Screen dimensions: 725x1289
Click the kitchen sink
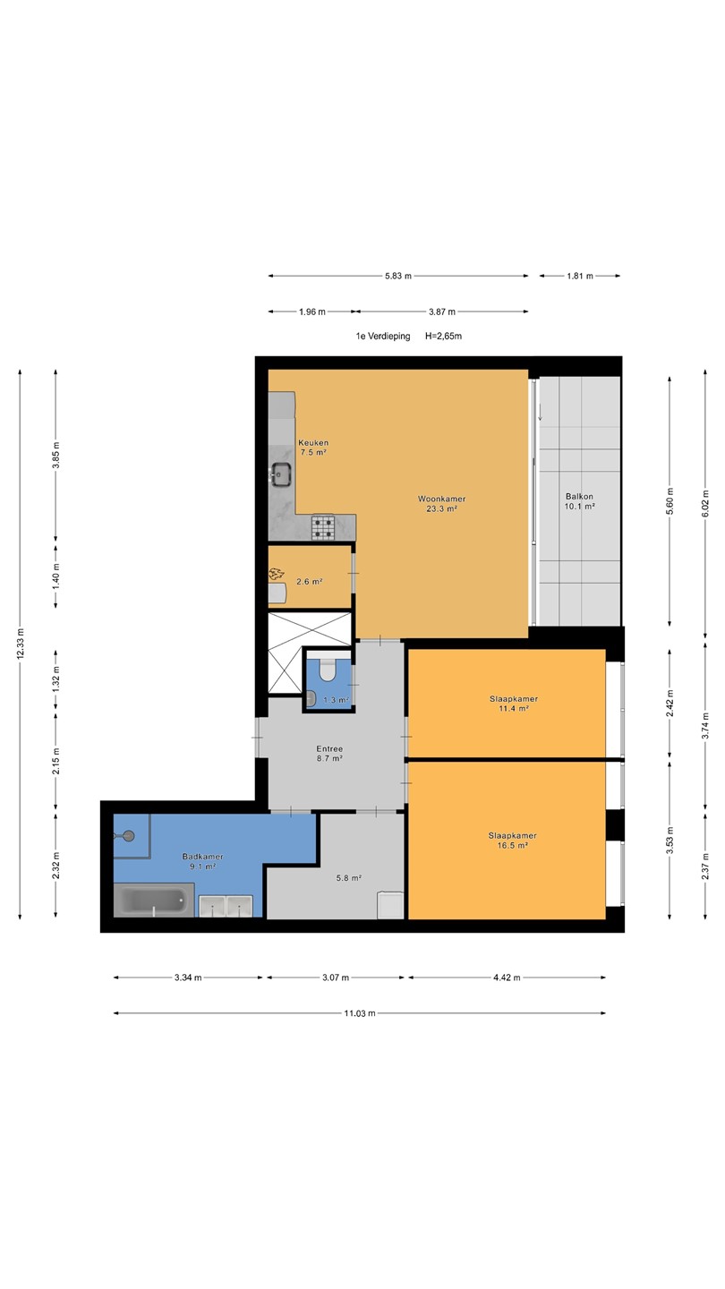pyautogui.click(x=282, y=474)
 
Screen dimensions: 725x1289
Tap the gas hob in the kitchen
pyautogui.click(x=323, y=528)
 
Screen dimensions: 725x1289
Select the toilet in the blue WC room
pyautogui.click(x=328, y=670)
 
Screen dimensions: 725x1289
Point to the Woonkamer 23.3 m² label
pyautogui.click(x=442, y=503)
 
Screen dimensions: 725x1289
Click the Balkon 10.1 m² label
pyautogui.click(x=579, y=501)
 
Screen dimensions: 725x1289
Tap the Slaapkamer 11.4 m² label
pyautogui.click(x=514, y=704)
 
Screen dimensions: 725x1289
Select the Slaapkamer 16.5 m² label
pyautogui.click(x=513, y=841)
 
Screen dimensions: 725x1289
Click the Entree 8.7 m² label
pyautogui.click(x=329, y=754)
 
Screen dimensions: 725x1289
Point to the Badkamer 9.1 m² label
pyautogui.click(x=202, y=861)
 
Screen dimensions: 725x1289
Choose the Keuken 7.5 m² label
pyautogui.click(x=313, y=448)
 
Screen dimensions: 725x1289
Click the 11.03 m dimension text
pyautogui.click(x=360, y=1013)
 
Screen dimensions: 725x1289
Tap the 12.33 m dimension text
pyautogui.click(x=20, y=644)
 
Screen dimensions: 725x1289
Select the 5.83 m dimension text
pyautogui.click(x=398, y=276)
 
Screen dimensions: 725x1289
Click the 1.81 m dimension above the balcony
pyautogui.click(x=580, y=276)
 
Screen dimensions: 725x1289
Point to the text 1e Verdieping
pyautogui.click(x=383, y=336)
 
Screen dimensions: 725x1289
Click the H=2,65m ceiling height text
pyautogui.click(x=443, y=336)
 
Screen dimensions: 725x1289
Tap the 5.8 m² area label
pyautogui.click(x=349, y=878)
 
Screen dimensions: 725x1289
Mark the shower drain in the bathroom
pyautogui.click(x=129, y=835)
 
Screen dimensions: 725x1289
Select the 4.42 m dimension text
pyautogui.click(x=507, y=977)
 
